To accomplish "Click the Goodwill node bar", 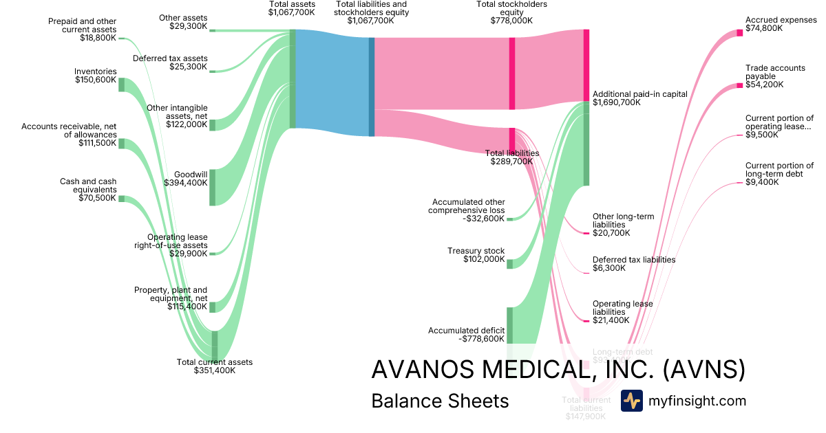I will click(x=212, y=187).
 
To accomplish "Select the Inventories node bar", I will click(x=121, y=85).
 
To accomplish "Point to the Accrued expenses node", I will click(x=740, y=32).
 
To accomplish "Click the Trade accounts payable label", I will click(x=775, y=72).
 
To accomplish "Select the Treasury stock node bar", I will click(x=510, y=263).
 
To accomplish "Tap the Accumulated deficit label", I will click(x=467, y=330).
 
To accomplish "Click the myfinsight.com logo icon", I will click(x=631, y=401).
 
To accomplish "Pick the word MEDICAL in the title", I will click(x=536, y=370).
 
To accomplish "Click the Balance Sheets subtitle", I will click(x=440, y=401).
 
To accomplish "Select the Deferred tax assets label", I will click(x=170, y=58).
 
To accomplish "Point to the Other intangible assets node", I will click(x=212, y=124).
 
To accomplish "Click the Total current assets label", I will click(x=215, y=362).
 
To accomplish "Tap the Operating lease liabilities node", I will click(x=586, y=321).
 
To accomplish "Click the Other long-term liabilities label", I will click(x=623, y=221).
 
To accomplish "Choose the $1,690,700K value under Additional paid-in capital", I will click(x=616, y=103).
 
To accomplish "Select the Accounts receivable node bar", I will click(x=121, y=143).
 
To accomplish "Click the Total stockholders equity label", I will click(x=511, y=8).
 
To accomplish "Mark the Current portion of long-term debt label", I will click(x=779, y=170).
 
